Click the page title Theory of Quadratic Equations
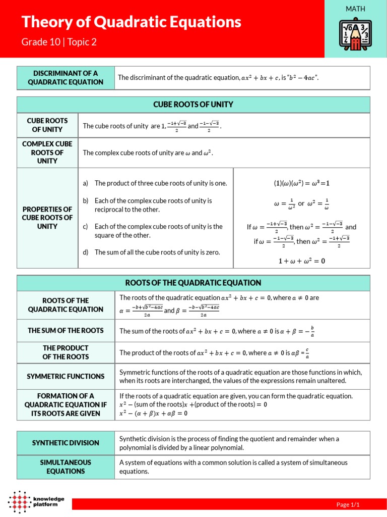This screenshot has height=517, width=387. [x=131, y=22]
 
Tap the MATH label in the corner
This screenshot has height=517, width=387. [x=355, y=9]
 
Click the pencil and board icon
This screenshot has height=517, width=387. [x=355, y=36]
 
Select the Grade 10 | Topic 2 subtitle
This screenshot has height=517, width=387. [x=58, y=42]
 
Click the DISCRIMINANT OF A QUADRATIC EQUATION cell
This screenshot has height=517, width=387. [x=66, y=78]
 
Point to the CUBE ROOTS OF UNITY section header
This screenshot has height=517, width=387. [x=193, y=105]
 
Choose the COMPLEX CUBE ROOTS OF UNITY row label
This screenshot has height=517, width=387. [x=47, y=152]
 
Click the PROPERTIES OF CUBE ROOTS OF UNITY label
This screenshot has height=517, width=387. [x=47, y=218]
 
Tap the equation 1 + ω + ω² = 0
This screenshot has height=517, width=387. [x=301, y=261]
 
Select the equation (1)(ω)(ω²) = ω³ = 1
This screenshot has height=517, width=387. [x=301, y=183]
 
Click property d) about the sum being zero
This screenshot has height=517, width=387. [x=157, y=252]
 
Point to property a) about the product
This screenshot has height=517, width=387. [x=160, y=183]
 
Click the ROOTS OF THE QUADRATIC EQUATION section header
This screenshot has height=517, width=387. [x=193, y=283]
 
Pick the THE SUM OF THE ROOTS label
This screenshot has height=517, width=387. [x=66, y=331]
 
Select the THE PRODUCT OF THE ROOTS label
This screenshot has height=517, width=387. [x=66, y=352]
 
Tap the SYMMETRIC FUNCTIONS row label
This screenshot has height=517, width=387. [x=66, y=376]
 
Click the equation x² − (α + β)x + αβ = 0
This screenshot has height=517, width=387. [x=153, y=413]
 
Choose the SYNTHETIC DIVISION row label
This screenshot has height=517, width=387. [x=66, y=443]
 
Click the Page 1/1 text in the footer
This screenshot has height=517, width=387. [x=348, y=504]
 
